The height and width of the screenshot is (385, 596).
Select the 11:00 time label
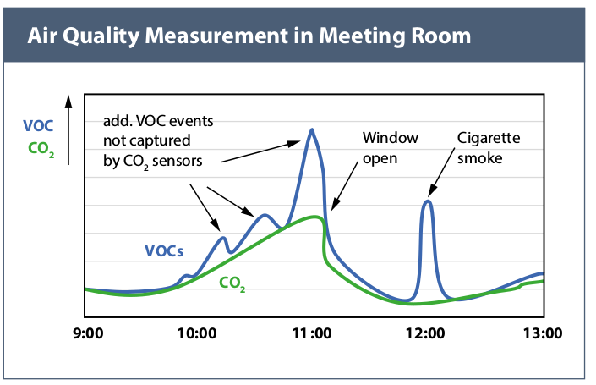[x=313, y=333]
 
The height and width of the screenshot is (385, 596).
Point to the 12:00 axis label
[x=426, y=333]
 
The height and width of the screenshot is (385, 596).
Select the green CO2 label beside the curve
[x=232, y=284]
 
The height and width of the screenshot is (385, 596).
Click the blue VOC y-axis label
[x=39, y=126]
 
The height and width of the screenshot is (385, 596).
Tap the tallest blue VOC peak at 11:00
[x=312, y=130]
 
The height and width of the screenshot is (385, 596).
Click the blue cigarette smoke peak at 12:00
[x=428, y=201]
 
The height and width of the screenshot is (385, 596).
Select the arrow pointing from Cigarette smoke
[x=445, y=179]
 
